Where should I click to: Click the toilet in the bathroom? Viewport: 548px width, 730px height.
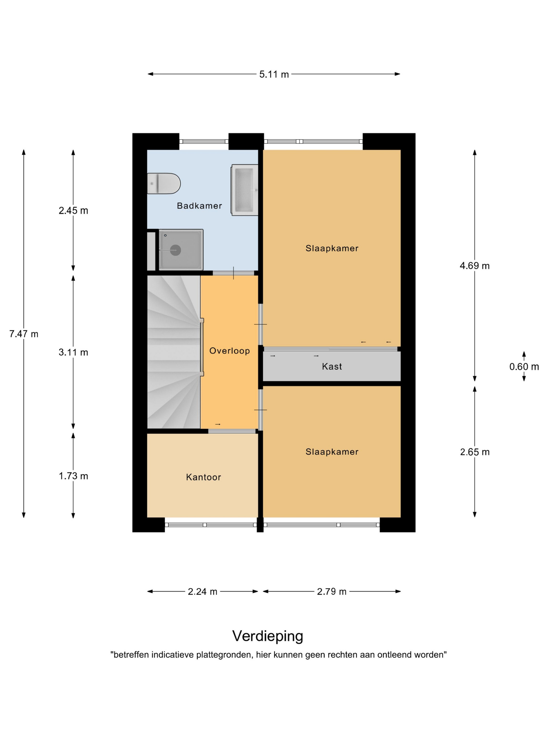pyautogui.click(x=164, y=183)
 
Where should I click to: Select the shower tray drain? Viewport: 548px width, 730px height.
pyautogui.click(x=175, y=250)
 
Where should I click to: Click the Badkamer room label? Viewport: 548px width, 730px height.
pyautogui.click(x=199, y=206)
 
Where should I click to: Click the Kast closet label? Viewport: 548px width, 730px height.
pyautogui.click(x=332, y=366)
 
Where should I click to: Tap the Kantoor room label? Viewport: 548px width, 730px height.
pyautogui.click(x=204, y=477)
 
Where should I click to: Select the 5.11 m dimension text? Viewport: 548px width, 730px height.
pyautogui.click(x=274, y=74)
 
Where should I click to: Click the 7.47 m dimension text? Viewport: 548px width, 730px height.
pyautogui.click(x=24, y=334)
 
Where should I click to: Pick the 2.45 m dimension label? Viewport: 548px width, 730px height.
pyautogui.click(x=73, y=211)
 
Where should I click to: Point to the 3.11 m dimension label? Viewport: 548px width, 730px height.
pyautogui.click(x=73, y=352)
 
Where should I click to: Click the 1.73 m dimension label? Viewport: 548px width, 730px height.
pyautogui.click(x=73, y=476)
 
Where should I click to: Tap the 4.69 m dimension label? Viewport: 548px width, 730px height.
pyautogui.click(x=475, y=266)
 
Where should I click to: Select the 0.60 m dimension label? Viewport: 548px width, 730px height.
pyautogui.click(x=524, y=367)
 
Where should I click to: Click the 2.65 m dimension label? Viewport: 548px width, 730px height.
pyautogui.click(x=475, y=452)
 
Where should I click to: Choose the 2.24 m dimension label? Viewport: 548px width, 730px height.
pyautogui.click(x=202, y=592)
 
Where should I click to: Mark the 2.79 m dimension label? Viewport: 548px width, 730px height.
pyautogui.click(x=332, y=592)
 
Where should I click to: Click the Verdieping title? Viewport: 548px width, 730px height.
pyautogui.click(x=267, y=636)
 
